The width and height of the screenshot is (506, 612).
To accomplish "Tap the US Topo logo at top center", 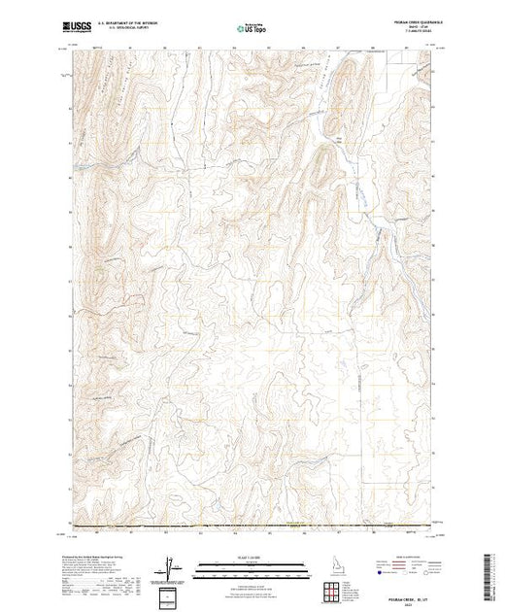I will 252,30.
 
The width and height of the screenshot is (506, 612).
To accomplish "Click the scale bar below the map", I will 236,566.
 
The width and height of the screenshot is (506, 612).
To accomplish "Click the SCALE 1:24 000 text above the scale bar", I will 236,556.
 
